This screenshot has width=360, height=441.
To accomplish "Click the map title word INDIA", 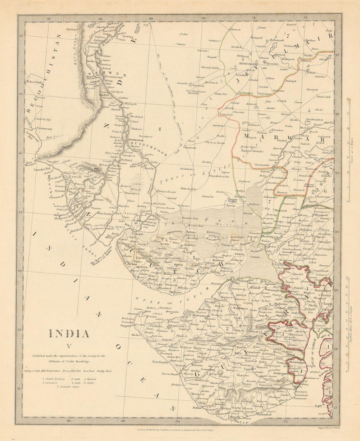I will (x=69, y=334).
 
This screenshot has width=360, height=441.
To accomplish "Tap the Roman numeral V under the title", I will (x=68, y=347).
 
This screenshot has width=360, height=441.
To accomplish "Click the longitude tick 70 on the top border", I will (x=203, y=18).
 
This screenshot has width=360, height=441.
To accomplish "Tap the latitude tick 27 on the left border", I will (x=21, y=35).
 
